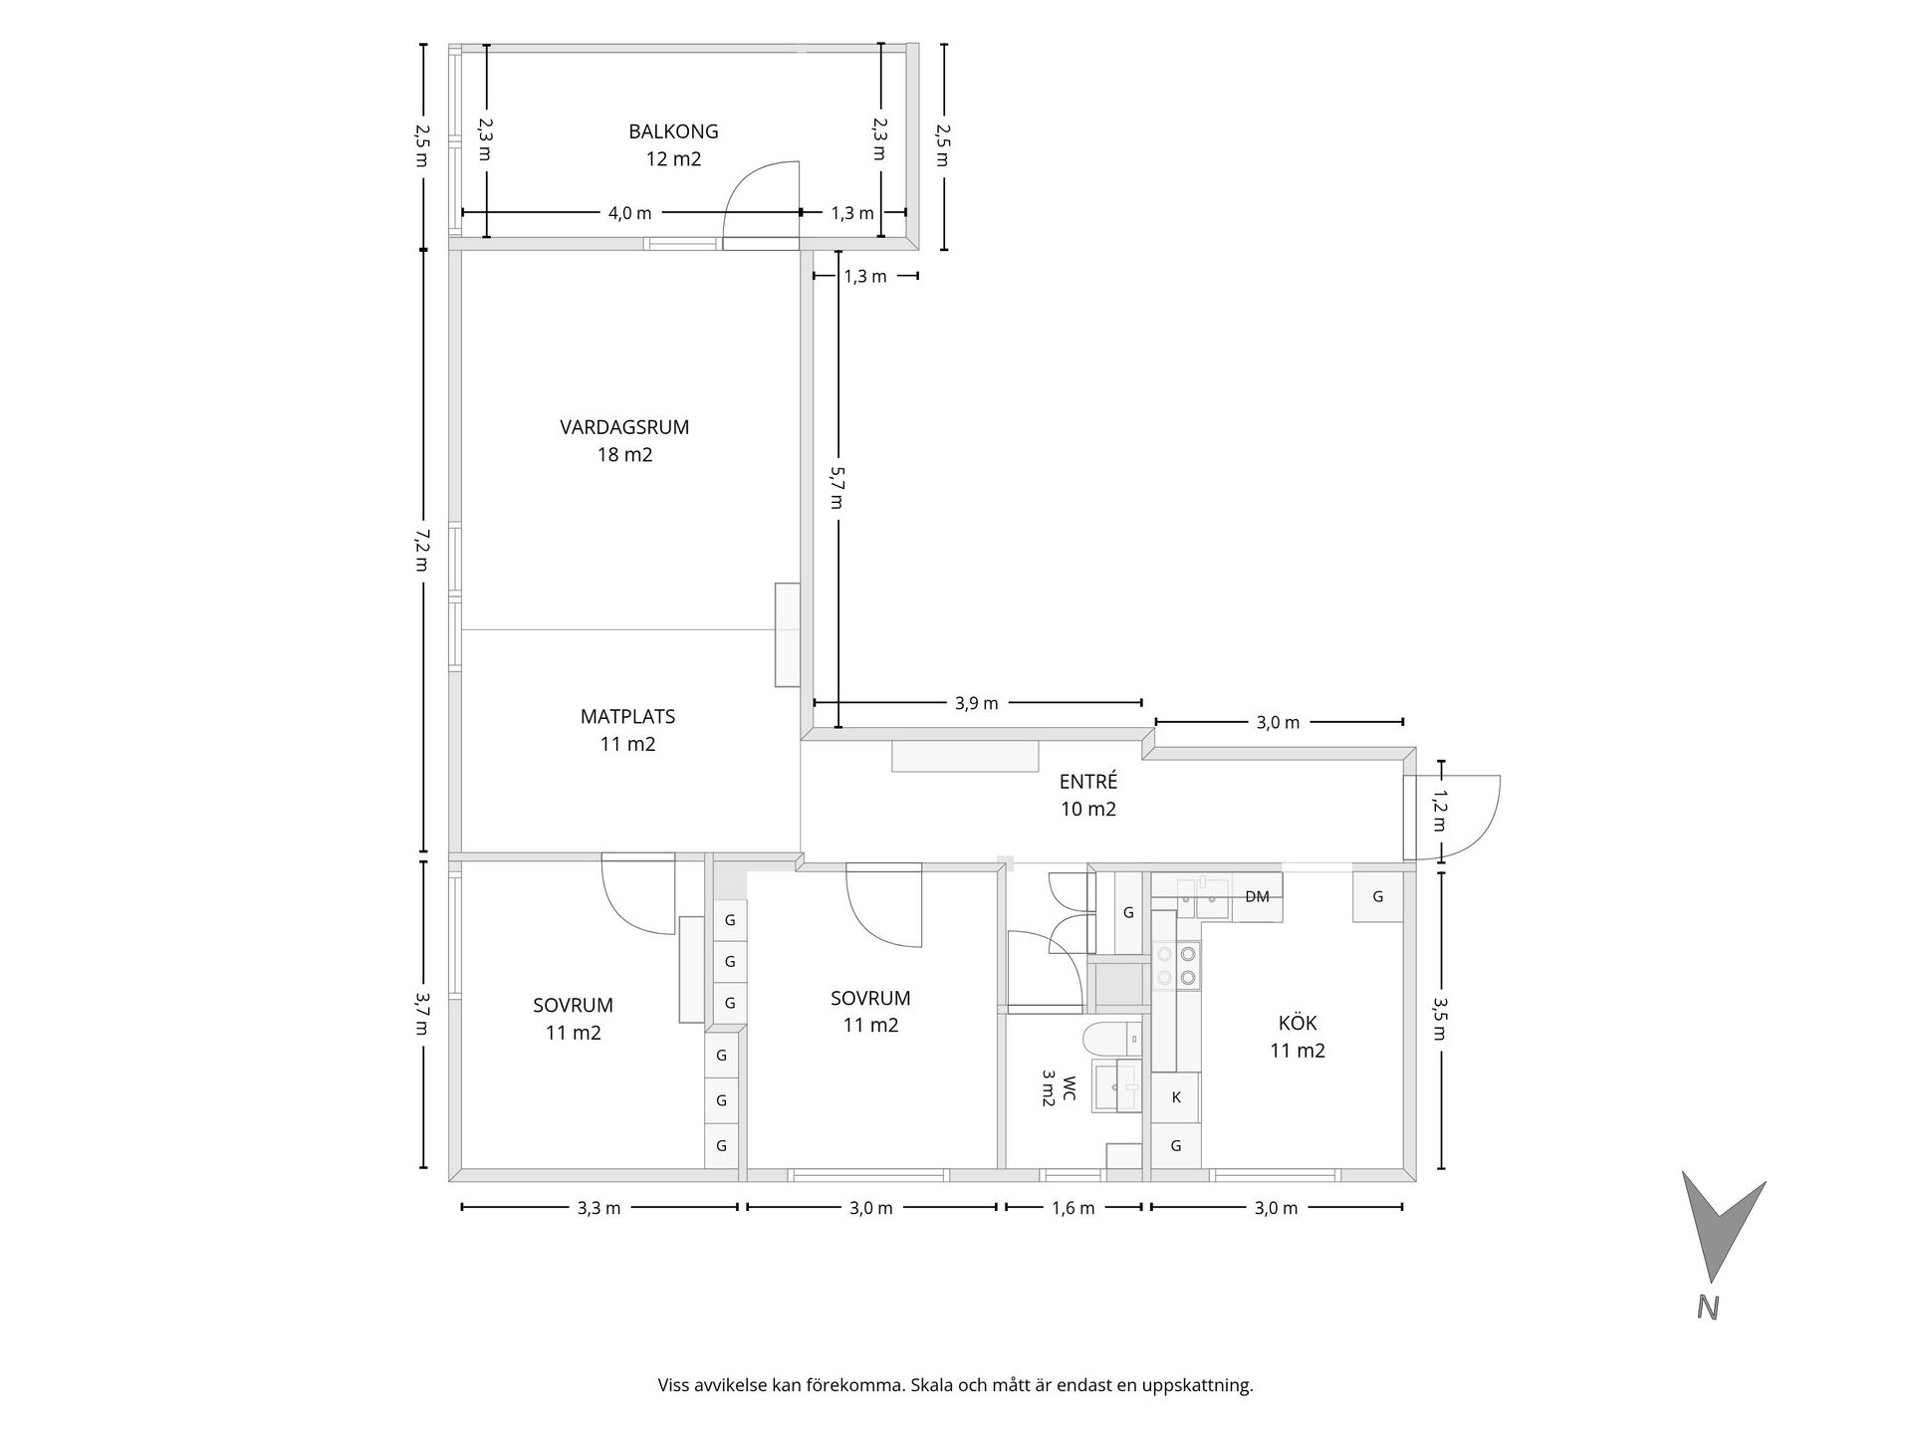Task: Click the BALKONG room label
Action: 673,131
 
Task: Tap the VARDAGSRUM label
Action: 624,427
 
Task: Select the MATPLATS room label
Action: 627,716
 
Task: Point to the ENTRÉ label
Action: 1087,782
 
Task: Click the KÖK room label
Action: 1298,1023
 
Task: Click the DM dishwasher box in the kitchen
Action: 1257,896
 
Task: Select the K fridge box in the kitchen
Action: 1176,1097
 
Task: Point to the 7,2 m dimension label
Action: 422,550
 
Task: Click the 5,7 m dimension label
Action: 837,488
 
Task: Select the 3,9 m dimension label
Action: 976,703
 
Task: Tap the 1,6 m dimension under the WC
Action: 1073,1208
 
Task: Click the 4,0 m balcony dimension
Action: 629,213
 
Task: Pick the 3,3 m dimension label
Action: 598,1208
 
